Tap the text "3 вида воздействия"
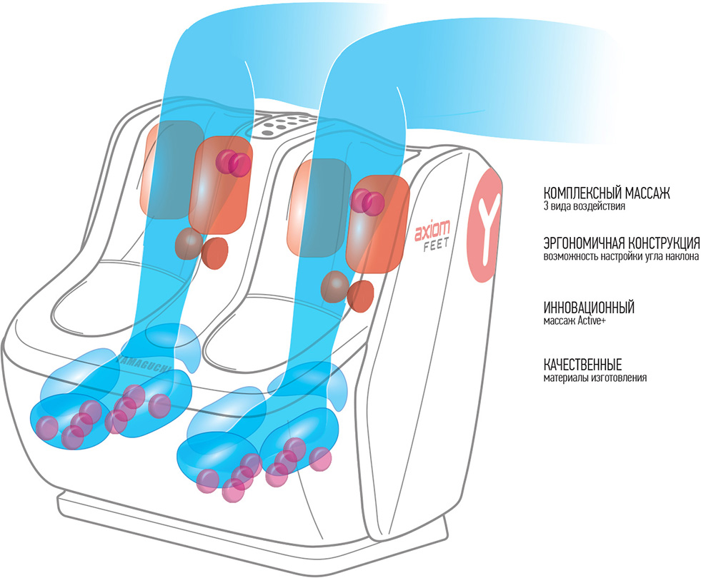tap(585, 208)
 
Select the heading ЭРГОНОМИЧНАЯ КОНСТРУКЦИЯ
tap(621, 243)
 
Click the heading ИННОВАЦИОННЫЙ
tap(589, 308)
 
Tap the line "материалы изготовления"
tap(595, 377)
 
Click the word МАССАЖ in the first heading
tap(645, 194)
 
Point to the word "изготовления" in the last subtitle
tap(621, 377)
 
